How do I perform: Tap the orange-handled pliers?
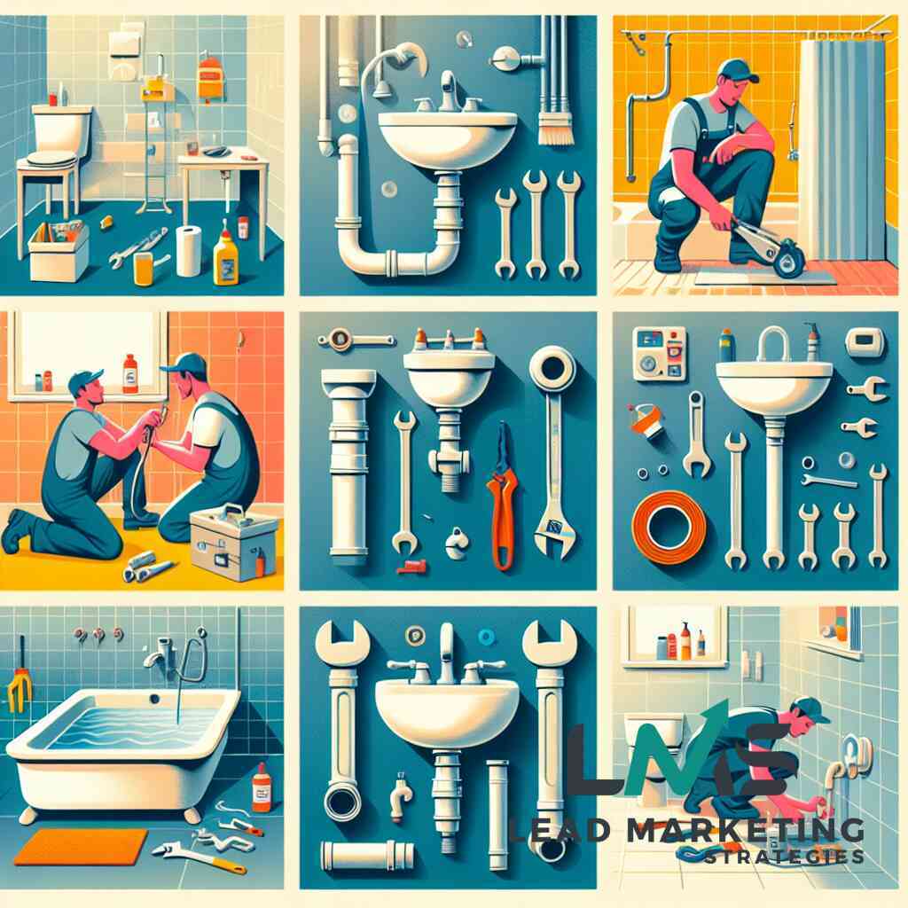pyautogui.click(x=502, y=497)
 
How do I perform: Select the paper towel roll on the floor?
pyautogui.click(x=189, y=251)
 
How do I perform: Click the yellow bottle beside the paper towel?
pyautogui.click(x=226, y=257)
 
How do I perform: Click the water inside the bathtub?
pyautogui.click(x=124, y=726)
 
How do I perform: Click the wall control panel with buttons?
pyautogui.click(x=659, y=354)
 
